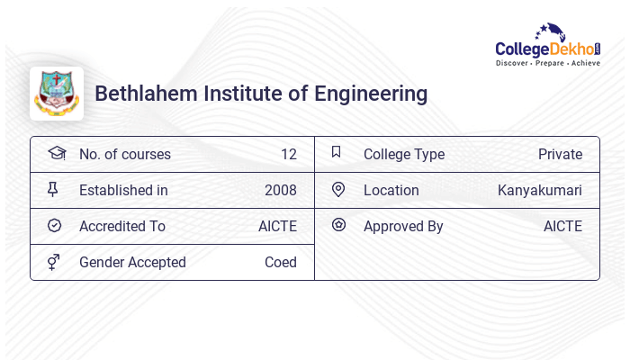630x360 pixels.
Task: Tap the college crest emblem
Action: pos(57,94)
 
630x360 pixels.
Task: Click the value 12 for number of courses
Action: pos(288,155)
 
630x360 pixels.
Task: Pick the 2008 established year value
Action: pos(280,191)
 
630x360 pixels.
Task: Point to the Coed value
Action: pos(280,263)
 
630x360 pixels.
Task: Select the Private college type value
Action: pos(560,155)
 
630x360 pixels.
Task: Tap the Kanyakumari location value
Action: pos(539,191)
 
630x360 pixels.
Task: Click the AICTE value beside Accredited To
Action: pos(277,227)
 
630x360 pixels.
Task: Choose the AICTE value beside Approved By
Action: pos(562,227)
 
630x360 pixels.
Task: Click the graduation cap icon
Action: pos(56,154)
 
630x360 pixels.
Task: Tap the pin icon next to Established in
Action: pos(53,190)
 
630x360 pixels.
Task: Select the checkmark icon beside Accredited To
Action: pos(54,226)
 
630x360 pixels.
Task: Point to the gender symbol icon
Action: pos(54,262)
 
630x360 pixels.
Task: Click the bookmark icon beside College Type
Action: pos(337,153)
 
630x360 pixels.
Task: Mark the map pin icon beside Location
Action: pos(338,190)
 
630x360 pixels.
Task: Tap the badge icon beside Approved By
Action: pos(338,225)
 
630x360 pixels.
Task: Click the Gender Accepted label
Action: pos(132,263)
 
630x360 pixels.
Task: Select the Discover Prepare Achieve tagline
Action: pos(548,64)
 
